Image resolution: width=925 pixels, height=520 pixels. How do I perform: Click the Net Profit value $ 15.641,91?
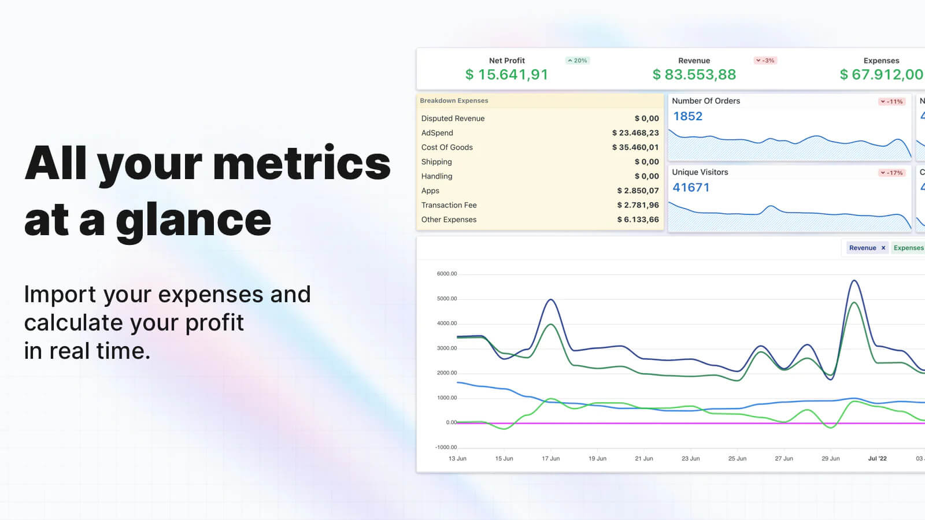click(x=506, y=75)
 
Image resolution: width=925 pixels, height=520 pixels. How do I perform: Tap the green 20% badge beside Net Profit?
click(x=578, y=61)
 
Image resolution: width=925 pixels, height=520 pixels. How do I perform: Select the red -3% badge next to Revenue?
click(x=765, y=61)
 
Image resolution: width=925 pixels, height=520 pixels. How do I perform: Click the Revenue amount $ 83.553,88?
click(x=694, y=75)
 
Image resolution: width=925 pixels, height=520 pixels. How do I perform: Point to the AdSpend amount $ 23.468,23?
click(x=635, y=133)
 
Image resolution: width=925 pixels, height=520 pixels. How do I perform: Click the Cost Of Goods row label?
click(x=447, y=147)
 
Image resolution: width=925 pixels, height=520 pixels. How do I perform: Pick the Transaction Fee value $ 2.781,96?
click(x=638, y=205)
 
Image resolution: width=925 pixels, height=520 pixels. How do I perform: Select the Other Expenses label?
click(x=449, y=220)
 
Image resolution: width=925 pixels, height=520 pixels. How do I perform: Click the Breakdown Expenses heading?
click(x=454, y=101)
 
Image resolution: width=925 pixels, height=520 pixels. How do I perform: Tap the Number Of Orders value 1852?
click(x=687, y=116)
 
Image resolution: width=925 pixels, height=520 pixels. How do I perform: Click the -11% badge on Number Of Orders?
click(x=891, y=102)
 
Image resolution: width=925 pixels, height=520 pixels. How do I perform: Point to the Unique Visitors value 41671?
click(x=691, y=187)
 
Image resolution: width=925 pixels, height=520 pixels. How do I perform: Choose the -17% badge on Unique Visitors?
click(x=891, y=173)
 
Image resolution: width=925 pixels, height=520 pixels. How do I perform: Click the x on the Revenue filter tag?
click(x=883, y=248)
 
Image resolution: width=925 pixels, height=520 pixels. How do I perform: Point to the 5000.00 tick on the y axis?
click(x=446, y=299)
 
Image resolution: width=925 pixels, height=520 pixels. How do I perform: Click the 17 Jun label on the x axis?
click(x=550, y=459)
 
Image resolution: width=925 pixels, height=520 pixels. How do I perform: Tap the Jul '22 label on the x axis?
click(x=877, y=459)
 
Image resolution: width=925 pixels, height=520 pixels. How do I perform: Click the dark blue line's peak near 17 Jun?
click(x=551, y=300)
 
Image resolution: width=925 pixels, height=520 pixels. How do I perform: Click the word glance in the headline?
click(x=193, y=221)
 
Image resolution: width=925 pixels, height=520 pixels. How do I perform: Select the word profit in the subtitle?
click(x=214, y=322)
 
